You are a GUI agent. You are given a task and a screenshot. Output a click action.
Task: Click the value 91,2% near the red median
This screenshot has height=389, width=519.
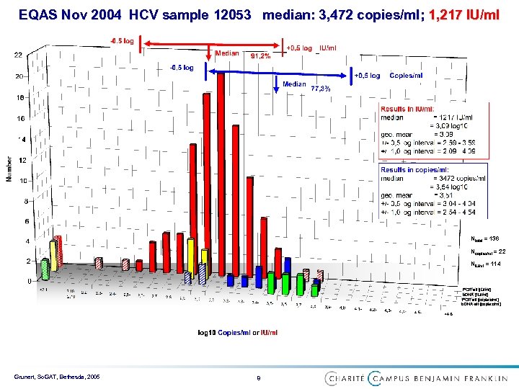click(x=260, y=55)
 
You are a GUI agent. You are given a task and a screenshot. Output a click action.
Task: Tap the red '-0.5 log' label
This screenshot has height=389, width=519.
click(x=122, y=40)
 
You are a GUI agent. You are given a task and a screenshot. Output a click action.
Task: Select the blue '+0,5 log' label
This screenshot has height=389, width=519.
click(x=367, y=76)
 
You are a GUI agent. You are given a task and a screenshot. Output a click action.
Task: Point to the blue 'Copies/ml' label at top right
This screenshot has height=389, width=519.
click(x=406, y=76)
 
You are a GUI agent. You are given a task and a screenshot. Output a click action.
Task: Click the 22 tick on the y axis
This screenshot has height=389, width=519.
click(x=18, y=55)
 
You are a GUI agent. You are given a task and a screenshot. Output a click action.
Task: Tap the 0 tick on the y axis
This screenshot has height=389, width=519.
click(x=29, y=280)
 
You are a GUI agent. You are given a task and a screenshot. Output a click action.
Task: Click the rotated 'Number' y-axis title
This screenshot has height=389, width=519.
click(x=9, y=169)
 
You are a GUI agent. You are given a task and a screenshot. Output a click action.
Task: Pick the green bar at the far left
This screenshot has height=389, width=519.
click(x=45, y=269)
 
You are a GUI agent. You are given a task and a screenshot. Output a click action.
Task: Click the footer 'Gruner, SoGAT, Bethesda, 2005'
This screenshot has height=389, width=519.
click(x=61, y=377)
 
